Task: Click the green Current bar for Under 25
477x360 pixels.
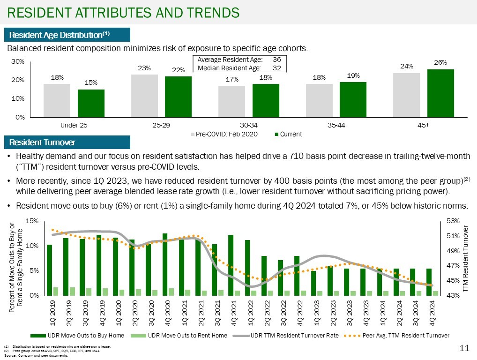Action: (91, 103)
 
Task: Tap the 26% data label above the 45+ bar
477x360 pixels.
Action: (440, 62)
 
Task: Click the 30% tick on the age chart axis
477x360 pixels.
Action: (18, 62)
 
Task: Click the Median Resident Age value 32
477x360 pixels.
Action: (276, 67)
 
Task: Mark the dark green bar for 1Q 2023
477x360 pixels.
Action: (313, 283)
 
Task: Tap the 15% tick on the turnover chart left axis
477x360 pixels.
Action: (32, 221)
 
